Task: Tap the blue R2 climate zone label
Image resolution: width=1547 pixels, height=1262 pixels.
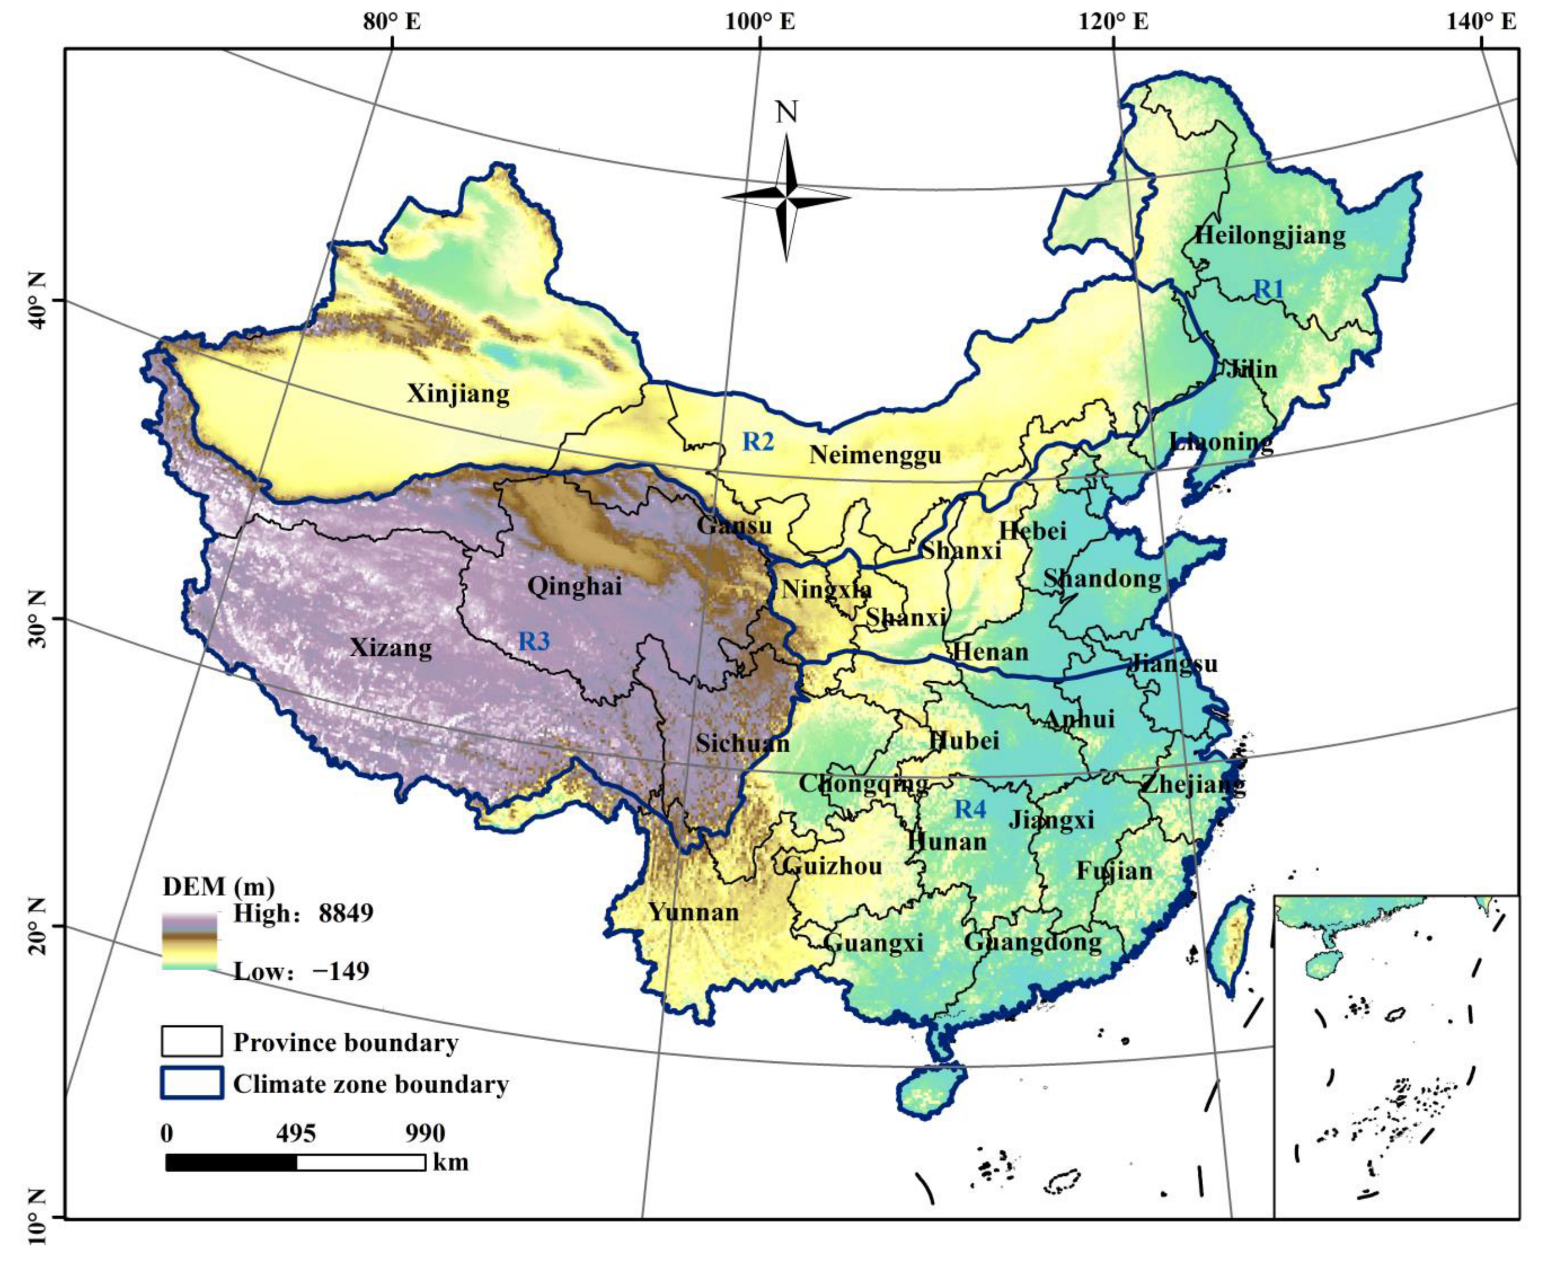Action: pos(758,441)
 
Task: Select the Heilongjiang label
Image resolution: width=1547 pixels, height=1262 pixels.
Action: pos(1270,235)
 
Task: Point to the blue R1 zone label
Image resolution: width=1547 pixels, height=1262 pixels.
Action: pos(1269,289)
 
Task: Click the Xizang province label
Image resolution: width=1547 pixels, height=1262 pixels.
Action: pos(390,647)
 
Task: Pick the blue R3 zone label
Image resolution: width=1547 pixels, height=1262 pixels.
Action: pos(533,641)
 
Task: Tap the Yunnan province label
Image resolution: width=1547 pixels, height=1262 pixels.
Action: pos(693,912)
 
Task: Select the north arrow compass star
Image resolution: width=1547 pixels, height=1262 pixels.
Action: pos(786,197)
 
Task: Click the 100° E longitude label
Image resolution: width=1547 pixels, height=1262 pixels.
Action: pos(759,22)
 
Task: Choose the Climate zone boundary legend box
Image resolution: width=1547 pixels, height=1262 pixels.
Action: pos(191,1082)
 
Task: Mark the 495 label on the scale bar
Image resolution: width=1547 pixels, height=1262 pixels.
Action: pos(296,1134)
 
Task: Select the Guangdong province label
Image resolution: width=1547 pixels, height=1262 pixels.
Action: pos(1032,942)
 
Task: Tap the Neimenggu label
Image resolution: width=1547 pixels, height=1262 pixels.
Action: pos(875,455)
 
